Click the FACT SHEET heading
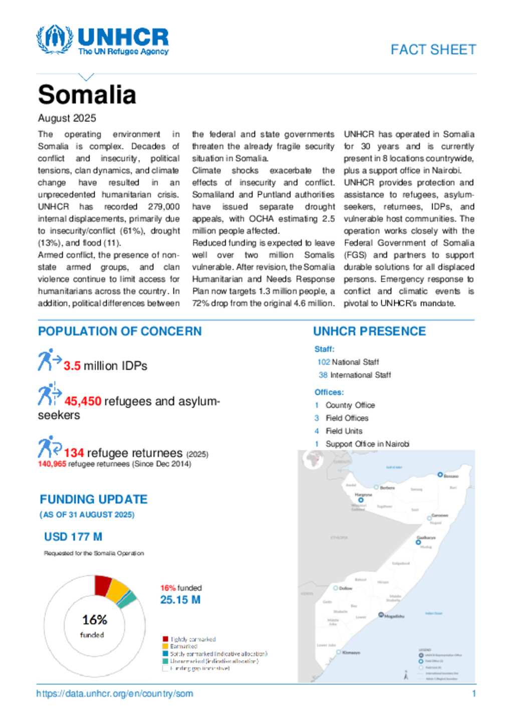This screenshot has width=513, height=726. [433, 50]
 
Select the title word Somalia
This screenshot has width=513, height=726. [87, 95]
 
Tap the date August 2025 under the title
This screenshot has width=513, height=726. [67, 118]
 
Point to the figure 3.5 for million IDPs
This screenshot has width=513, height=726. [72, 366]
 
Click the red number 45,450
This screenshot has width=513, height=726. [83, 401]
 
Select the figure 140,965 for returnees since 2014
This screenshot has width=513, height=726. [52, 464]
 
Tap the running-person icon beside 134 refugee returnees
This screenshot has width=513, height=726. [49, 447]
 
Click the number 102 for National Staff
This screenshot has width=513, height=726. [324, 362]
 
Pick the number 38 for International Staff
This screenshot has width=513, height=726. [323, 375]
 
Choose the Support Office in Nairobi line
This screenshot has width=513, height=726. [367, 444]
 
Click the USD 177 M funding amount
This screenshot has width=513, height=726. [73, 537]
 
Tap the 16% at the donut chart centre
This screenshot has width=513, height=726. [95, 620]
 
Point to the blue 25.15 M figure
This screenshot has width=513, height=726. [180, 600]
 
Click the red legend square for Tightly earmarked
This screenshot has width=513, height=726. [165, 639]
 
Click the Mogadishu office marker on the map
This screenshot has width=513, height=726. [381, 615]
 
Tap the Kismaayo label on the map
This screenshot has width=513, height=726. [351, 653]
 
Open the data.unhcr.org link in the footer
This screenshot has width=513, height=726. [115, 694]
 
